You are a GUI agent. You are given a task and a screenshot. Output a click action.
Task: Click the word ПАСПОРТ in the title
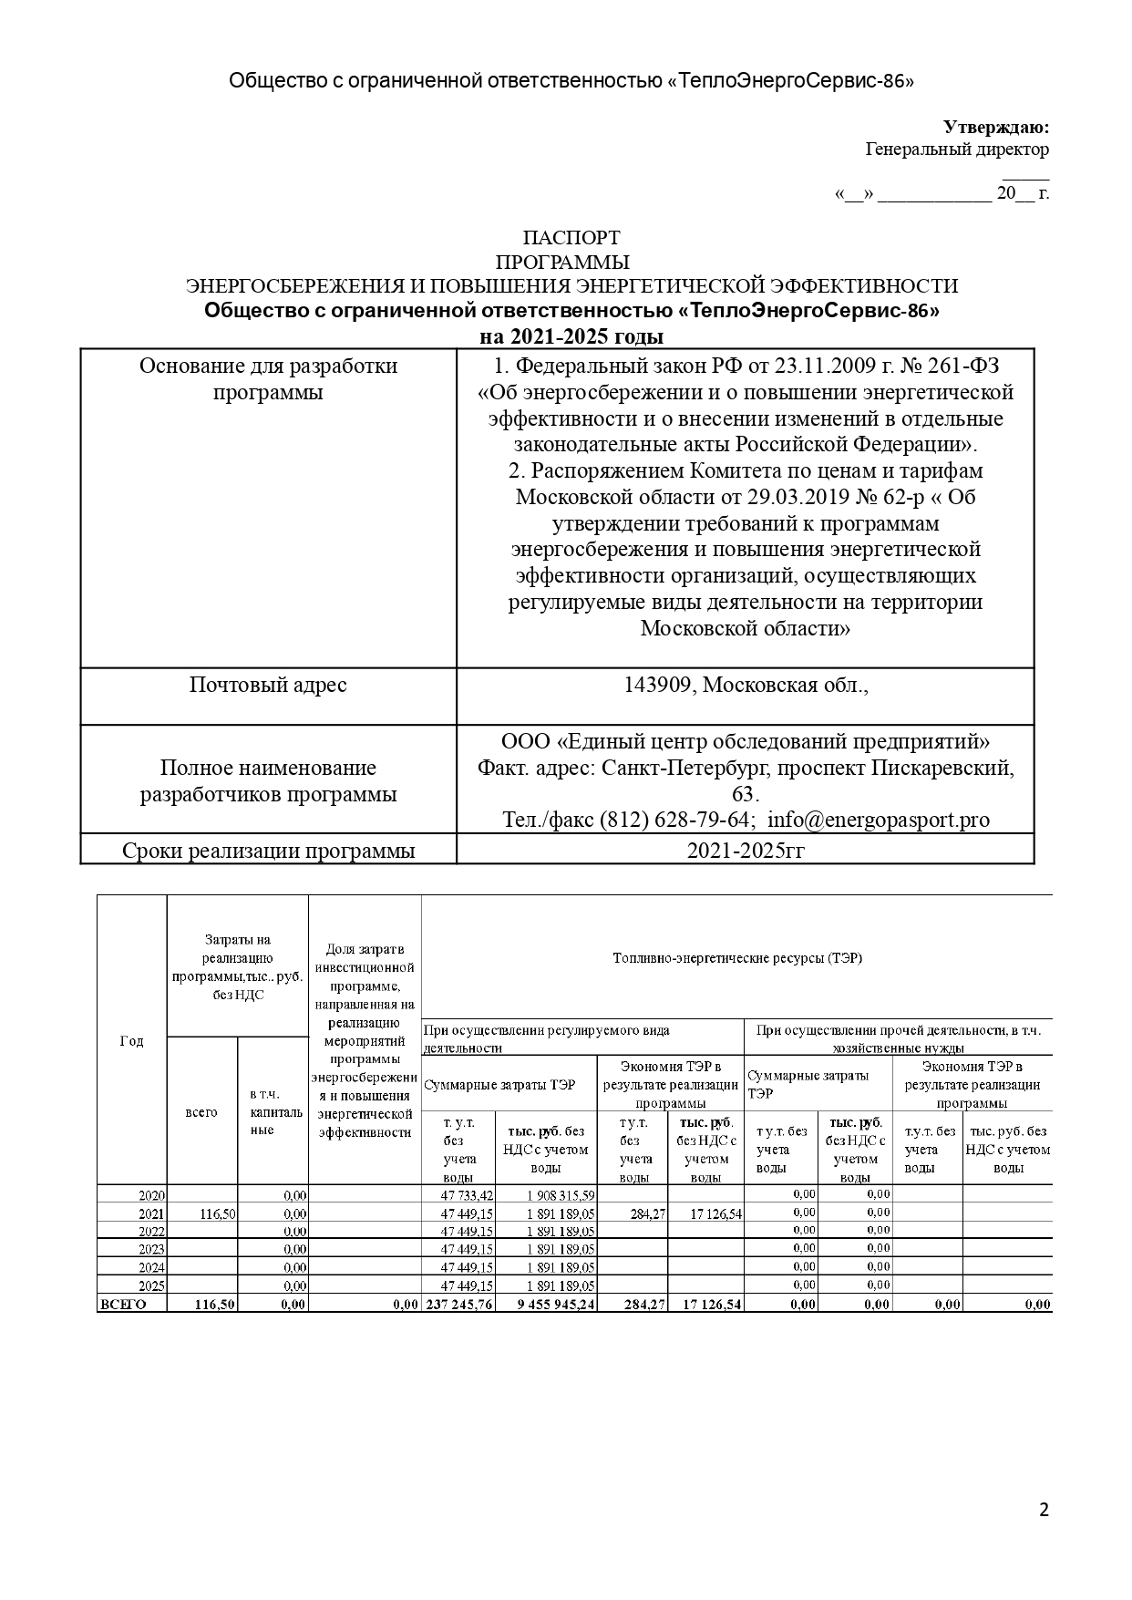(571, 239)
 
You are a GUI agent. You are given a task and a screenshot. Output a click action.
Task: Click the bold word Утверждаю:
(995, 127)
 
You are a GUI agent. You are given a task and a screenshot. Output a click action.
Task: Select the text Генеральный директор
(956, 150)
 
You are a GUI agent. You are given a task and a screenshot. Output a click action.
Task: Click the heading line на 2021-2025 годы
(571, 336)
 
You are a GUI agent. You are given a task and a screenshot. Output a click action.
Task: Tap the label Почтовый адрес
(268, 685)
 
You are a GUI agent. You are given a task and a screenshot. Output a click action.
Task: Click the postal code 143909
(656, 685)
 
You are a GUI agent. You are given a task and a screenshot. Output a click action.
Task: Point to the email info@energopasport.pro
(878, 820)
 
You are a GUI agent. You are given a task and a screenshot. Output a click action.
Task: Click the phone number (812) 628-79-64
(674, 820)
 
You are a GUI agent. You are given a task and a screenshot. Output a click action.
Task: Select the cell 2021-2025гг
(745, 851)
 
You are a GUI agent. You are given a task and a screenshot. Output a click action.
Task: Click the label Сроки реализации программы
(268, 851)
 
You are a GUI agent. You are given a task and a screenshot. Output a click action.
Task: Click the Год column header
(131, 1041)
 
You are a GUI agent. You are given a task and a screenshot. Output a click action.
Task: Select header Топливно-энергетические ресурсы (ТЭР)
(736, 958)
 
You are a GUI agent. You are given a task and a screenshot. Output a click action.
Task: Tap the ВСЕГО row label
(121, 1305)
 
